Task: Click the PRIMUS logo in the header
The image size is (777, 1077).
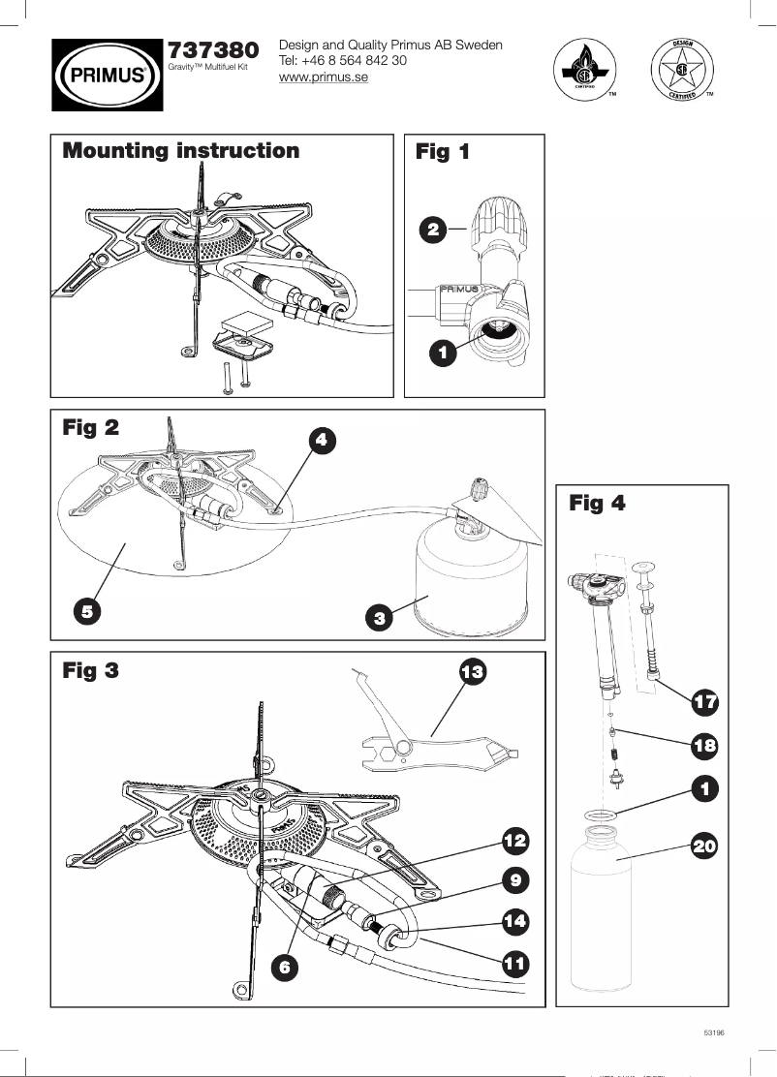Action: [107, 73]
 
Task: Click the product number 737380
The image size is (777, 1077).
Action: [213, 49]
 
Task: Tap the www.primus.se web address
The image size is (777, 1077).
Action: [323, 78]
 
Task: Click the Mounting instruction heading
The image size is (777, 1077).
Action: [181, 151]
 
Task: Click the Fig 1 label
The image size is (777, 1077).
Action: [443, 152]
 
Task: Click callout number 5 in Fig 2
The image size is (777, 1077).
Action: [87, 611]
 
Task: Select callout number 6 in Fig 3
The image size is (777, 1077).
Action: [283, 966]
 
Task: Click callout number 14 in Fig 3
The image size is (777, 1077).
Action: [514, 920]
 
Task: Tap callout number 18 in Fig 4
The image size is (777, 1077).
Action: [705, 746]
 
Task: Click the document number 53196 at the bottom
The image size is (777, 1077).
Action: [713, 1033]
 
